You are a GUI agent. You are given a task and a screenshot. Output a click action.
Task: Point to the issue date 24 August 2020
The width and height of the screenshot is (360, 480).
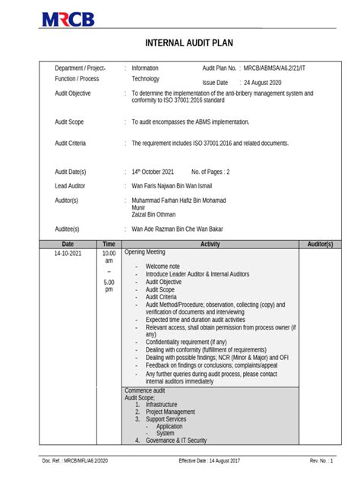(x=263, y=82)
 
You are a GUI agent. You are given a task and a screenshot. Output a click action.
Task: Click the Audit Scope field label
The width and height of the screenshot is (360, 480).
(x=69, y=122)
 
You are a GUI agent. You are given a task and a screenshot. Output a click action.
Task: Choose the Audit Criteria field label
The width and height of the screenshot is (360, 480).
(x=71, y=143)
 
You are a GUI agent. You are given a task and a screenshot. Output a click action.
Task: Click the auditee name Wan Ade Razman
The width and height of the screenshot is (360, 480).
(x=178, y=229)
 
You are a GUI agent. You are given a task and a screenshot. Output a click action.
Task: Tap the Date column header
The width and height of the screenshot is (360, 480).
(x=68, y=244)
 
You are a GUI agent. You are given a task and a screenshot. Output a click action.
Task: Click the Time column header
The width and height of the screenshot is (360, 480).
(x=109, y=244)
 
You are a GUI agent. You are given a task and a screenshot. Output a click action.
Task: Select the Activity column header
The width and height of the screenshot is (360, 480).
(x=210, y=244)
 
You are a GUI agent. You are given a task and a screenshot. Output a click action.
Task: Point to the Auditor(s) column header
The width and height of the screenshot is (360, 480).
(x=320, y=244)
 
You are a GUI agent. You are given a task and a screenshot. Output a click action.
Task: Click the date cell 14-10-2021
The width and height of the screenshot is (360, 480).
(x=68, y=253)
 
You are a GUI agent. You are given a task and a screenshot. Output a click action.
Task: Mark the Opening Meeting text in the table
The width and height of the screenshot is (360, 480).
(x=144, y=252)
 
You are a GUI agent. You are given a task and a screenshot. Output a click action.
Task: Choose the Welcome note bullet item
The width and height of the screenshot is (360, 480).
(x=163, y=267)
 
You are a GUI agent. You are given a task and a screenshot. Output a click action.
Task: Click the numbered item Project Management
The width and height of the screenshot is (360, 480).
(x=170, y=412)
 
